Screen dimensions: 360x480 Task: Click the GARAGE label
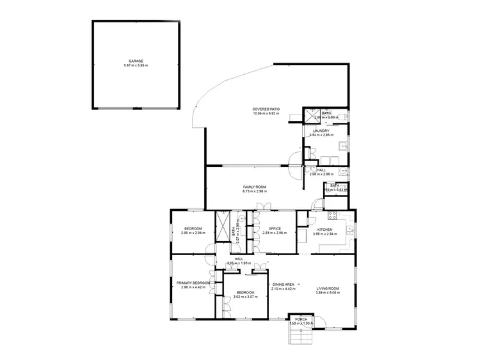[136, 61]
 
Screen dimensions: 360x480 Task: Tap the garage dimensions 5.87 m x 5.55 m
[136, 66]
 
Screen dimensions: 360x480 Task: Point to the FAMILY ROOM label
[254, 187]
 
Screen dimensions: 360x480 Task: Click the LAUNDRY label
[321, 130]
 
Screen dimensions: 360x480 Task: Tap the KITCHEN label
[324, 229]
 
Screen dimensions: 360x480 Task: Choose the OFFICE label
[275, 229]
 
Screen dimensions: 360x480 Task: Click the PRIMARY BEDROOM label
[193, 282]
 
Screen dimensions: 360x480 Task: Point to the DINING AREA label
[284, 284]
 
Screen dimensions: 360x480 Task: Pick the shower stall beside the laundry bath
[310, 115]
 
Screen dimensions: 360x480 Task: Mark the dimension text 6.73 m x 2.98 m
[254, 191]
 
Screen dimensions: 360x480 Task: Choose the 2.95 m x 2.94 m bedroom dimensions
[193, 233]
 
